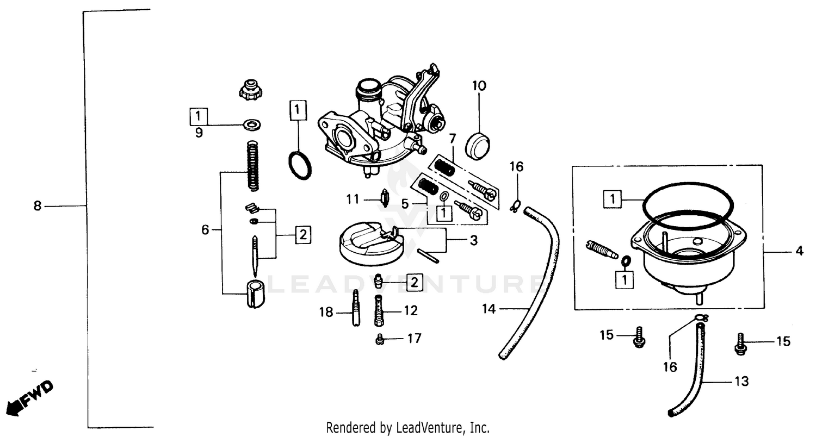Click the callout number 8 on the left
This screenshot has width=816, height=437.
click(x=37, y=206)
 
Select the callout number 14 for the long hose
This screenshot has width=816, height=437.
click(x=489, y=309)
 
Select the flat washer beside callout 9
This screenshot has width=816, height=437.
click(x=252, y=124)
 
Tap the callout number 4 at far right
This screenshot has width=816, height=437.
click(x=799, y=251)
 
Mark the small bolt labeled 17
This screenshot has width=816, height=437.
click(x=380, y=339)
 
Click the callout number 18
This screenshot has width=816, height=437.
click(x=326, y=312)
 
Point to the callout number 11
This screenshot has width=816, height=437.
click(x=353, y=199)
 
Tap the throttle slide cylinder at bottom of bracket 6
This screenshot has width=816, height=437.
click(x=252, y=294)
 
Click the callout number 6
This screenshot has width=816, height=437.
click(x=205, y=230)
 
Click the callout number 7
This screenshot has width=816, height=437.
click(x=452, y=138)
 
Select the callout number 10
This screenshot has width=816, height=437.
click(x=479, y=86)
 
